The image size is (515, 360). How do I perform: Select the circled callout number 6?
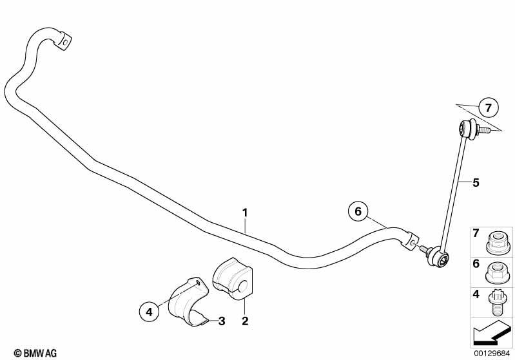358,210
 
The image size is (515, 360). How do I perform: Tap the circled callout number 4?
149,312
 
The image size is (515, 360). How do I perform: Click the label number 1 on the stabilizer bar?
245,212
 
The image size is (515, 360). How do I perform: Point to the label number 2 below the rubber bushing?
244,320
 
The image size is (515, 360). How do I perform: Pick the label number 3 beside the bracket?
221,320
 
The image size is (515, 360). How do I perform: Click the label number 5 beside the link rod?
476,182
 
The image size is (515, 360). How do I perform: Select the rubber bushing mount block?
233,279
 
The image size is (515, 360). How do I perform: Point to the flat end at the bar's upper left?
64,39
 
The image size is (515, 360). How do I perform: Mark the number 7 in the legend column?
476,232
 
